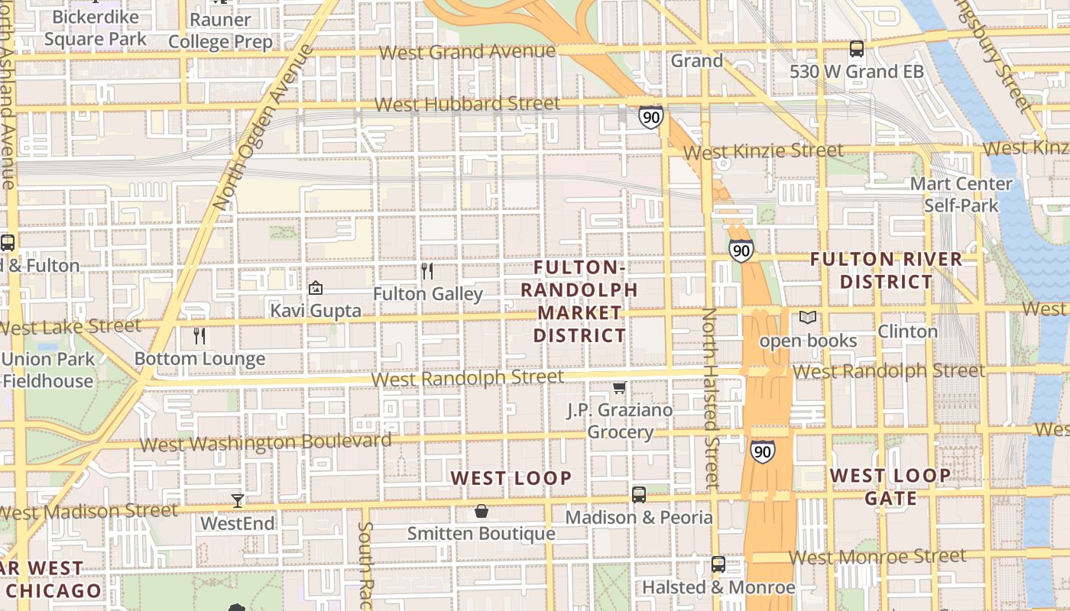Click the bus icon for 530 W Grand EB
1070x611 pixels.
click(x=856, y=49)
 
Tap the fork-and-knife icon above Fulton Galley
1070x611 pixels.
click(x=427, y=270)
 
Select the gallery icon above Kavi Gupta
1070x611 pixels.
click(x=315, y=288)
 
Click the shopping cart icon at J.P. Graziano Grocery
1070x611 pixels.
click(x=620, y=387)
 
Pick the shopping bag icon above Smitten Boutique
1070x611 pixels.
click(x=481, y=511)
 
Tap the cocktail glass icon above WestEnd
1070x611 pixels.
click(x=238, y=501)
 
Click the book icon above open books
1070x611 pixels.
click(x=808, y=317)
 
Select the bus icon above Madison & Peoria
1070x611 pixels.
click(x=639, y=494)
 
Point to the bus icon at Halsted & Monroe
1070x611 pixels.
click(x=718, y=564)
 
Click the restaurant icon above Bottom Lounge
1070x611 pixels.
click(x=199, y=336)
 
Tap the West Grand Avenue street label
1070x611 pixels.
click(x=467, y=52)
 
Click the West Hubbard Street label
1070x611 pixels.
click(x=467, y=104)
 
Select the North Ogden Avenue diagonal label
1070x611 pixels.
click(x=263, y=128)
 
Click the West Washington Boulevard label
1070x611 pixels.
click(x=265, y=442)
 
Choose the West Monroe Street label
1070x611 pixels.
click(x=877, y=557)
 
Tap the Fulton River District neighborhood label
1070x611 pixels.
click(x=886, y=270)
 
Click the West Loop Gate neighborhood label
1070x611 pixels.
click(x=890, y=487)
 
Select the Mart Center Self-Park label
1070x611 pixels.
click(x=961, y=195)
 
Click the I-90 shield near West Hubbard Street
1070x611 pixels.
click(x=650, y=118)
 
